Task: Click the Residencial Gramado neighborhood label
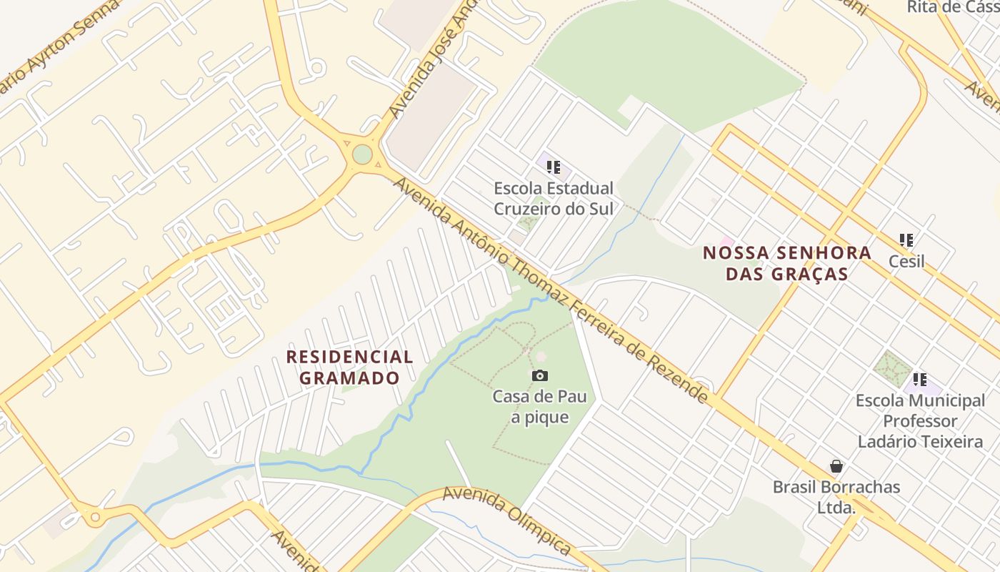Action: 349,367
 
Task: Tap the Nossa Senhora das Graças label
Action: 787,263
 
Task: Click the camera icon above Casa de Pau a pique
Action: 540,375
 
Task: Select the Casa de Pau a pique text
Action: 539,407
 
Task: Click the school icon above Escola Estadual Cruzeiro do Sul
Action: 554,167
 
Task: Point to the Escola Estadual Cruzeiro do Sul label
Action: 554,198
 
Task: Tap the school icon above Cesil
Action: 906,240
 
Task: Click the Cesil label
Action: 906,262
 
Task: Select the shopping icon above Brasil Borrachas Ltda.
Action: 836,467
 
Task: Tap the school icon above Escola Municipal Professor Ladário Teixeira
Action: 920,380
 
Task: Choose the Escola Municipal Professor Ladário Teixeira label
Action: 921,421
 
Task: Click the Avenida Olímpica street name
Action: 506,521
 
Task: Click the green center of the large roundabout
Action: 362,154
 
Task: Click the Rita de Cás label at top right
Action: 952,7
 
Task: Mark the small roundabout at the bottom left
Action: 94,516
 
